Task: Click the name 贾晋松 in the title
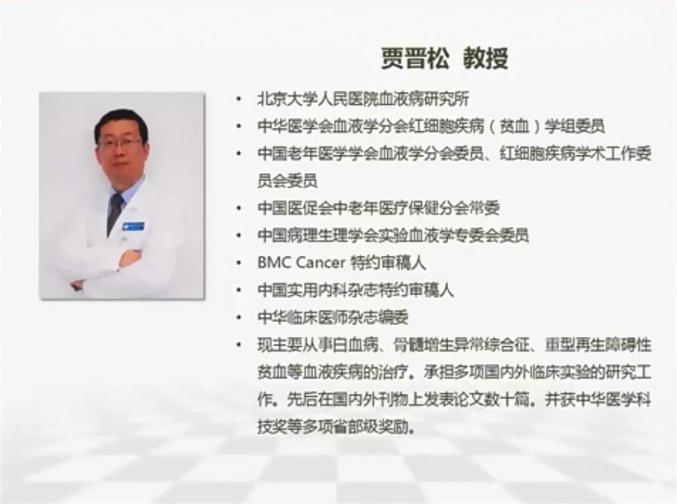415,58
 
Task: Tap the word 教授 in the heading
486,58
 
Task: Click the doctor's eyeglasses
119,143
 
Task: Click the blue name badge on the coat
134,226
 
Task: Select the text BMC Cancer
301,263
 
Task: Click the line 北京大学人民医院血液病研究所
363,99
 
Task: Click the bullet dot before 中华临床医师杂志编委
238,318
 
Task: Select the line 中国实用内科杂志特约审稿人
355,290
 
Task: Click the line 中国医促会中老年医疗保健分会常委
379,208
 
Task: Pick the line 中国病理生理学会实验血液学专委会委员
393,235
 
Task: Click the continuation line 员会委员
288,180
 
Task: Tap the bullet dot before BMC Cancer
238,263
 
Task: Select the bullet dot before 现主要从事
238,346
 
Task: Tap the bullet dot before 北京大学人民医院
238,100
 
